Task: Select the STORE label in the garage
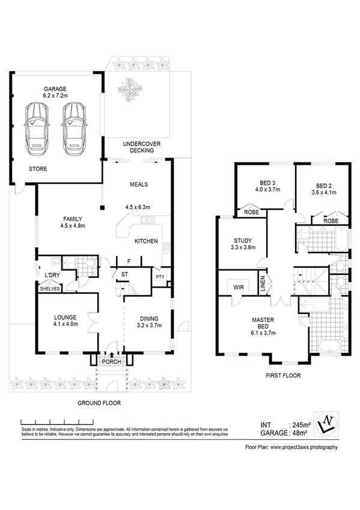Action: click(x=37, y=169)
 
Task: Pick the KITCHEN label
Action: click(x=146, y=241)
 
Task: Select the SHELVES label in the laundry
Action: click(x=49, y=289)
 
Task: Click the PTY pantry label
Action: click(x=160, y=277)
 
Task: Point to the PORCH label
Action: click(x=112, y=361)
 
